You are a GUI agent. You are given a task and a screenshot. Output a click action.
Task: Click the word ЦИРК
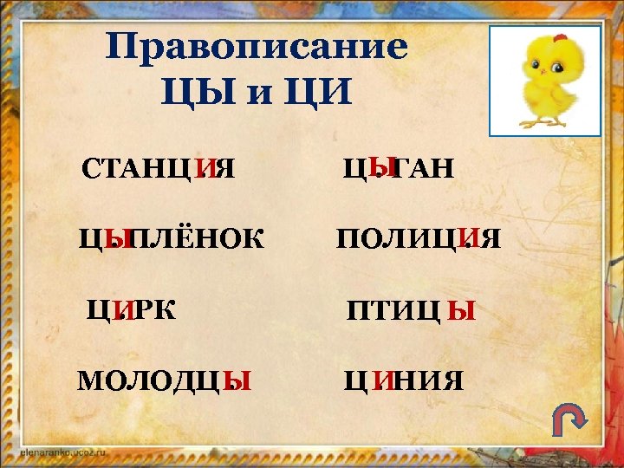coord(131,309)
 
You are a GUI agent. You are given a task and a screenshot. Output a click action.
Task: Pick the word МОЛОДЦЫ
coord(165,380)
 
